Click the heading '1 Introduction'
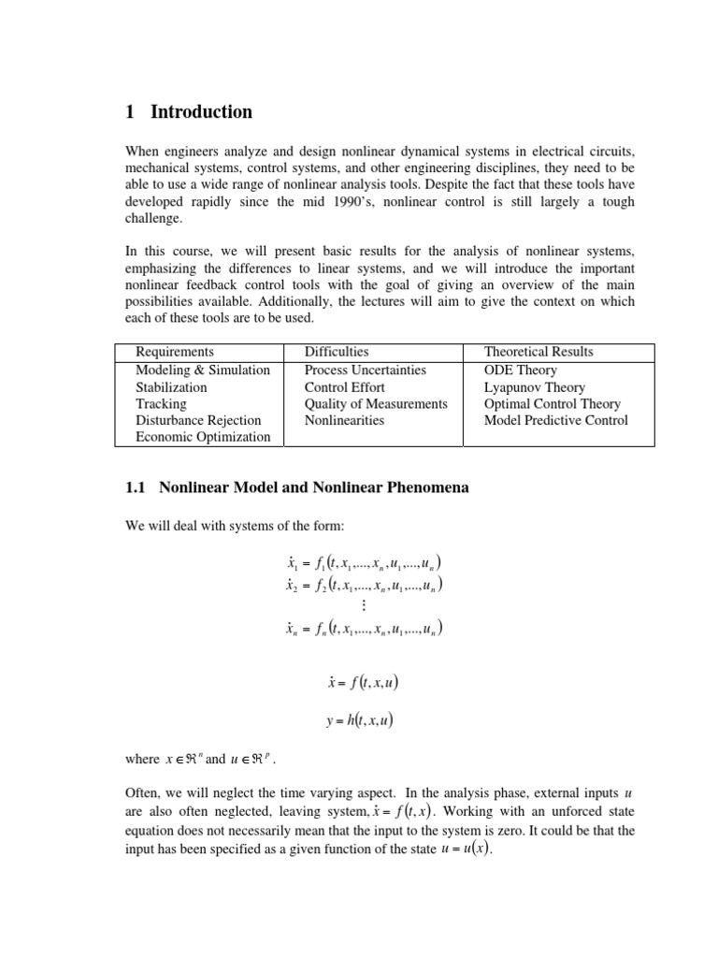(x=188, y=112)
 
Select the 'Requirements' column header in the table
(x=174, y=352)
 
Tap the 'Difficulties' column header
(x=337, y=352)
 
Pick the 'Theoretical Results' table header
(x=538, y=352)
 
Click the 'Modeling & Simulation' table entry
(x=202, y=370)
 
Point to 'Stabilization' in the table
(x=171, y=386)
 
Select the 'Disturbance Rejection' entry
(x=198, y=420)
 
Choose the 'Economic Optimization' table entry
(x=203, y=437)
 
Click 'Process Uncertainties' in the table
(x=365, y=370)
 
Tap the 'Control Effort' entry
(x=344, y=386)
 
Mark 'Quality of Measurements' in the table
(x=376, y=403)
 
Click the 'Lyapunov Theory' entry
(x=534, y=386)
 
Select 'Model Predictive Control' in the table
(x=555, y=420)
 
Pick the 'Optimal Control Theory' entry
(x=553, y=403)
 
